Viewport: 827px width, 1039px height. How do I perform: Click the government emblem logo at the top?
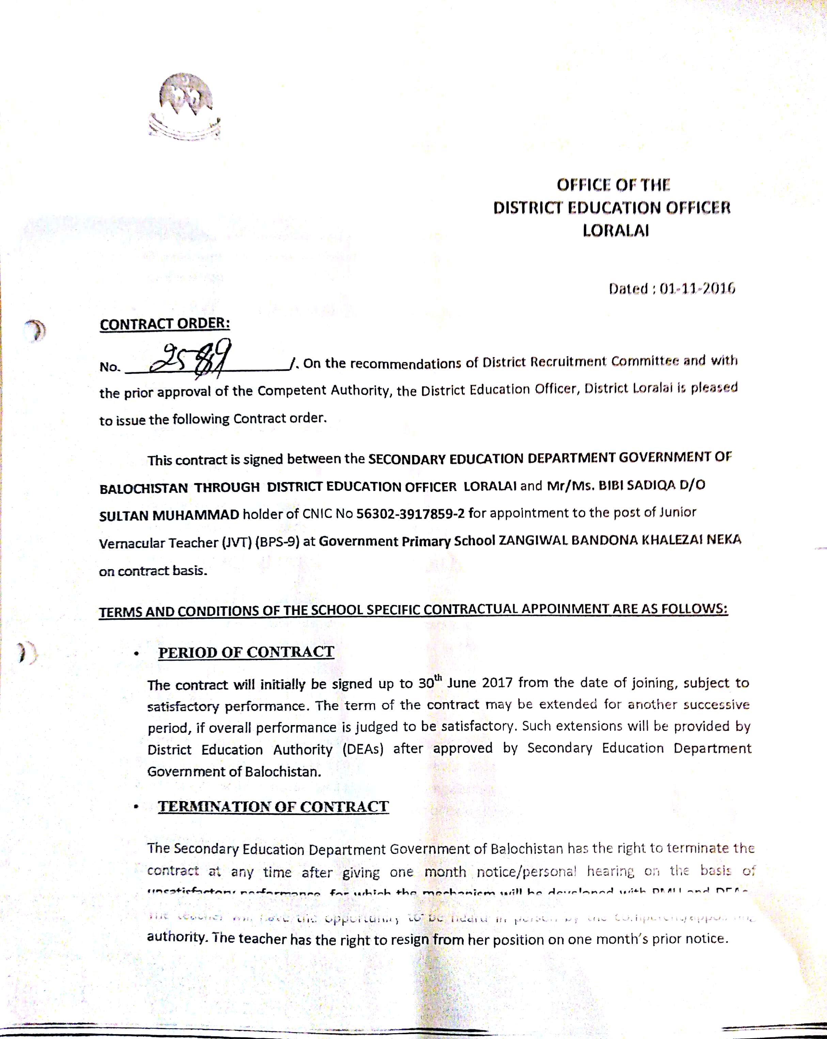(x=185, y=106)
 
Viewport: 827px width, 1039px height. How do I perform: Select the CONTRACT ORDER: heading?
(x=165, y=324)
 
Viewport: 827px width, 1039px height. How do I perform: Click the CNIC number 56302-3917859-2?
(x=410, y=514)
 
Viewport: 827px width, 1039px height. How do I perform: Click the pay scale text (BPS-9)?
(x=277, y=542)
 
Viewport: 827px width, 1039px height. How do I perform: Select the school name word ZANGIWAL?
(x=533, y=540)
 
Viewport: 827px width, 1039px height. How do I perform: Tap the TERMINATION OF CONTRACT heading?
(x=273, y=807)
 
